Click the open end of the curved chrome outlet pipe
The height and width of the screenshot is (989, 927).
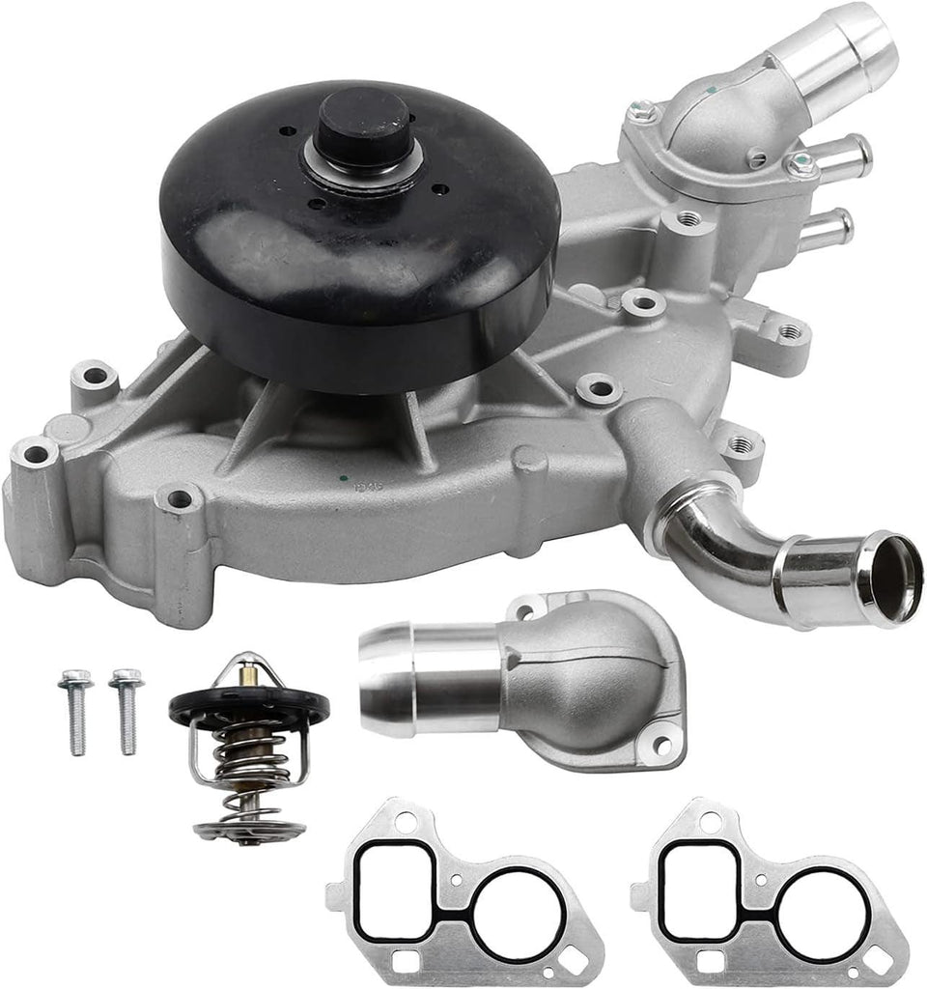click(x=890, y=577)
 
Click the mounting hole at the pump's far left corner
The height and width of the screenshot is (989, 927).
click(x=35, y=452)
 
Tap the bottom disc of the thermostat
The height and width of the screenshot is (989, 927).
click(x=248, y=829)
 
